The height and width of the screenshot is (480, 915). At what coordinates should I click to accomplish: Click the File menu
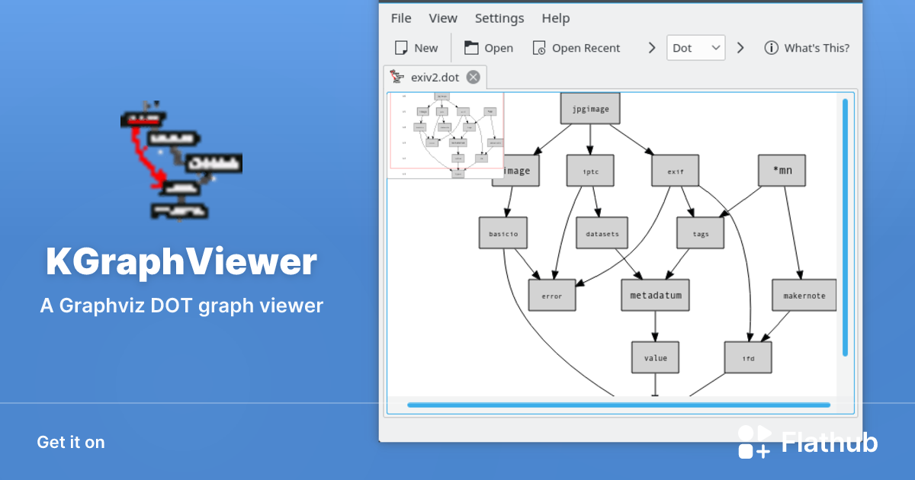[x=400, y=18]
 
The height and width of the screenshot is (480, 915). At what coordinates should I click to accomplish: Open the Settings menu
[x=499, y=18]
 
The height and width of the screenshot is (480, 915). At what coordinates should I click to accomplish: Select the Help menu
[x=555, y=18]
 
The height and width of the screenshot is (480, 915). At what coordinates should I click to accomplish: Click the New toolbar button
[x=416, y=48]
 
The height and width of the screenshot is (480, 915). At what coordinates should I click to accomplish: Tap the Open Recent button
[x=576, y=48]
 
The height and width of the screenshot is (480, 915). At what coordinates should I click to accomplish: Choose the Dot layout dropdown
[x=695, y=48]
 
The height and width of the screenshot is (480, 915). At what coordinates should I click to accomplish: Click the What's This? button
[x=807, y=48]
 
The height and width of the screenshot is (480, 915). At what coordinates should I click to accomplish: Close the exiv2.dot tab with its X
[x=474, y=77]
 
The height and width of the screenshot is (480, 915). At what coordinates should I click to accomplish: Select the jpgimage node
[x=590, y=108]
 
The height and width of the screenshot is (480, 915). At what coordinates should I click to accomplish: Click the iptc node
[x=590, y=171]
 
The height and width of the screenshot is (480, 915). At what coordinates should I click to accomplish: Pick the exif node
[x=675, y=171]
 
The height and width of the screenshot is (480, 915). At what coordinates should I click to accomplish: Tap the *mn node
[x=782, y=171]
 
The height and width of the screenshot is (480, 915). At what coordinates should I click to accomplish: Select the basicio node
[x=503, y=234]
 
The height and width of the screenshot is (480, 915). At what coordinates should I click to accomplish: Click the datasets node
[x=602, y=234]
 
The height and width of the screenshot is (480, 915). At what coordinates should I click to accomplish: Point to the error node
[x=551, y=296]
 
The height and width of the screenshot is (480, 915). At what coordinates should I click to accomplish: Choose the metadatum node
[x=655, y=295]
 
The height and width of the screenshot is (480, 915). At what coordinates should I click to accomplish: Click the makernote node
[x=804, y=296]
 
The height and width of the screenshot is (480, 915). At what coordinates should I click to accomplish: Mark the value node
[x=655, y=357]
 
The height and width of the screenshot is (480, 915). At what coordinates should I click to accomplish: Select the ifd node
[x=747, y=357]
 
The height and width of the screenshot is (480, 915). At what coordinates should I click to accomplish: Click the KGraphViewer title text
[x=181, y=263]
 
